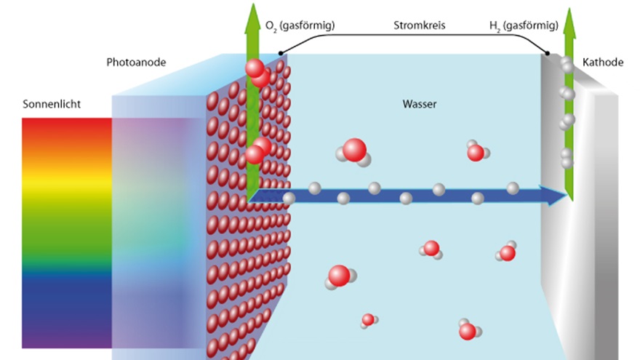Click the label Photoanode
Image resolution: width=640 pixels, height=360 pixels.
(136, 63)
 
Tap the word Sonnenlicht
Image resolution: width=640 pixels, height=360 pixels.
(52, 104)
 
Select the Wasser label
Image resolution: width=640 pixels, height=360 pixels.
(419, 104)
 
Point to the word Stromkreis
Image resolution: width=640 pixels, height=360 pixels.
(419, 25)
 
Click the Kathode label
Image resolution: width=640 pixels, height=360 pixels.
(602, 63)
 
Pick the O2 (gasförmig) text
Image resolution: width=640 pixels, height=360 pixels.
(300, 25)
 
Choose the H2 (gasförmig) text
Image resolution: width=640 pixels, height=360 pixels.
(524, 25)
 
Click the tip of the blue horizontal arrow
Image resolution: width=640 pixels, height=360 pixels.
(567, 196)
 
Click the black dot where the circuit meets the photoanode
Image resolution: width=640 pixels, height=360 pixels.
(281, 54)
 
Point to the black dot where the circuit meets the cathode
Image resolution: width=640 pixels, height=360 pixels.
(548, 54)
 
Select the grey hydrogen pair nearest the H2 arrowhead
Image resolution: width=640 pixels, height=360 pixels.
(567, 65)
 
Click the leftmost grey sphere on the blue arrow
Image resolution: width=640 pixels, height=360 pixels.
(289, 199)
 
